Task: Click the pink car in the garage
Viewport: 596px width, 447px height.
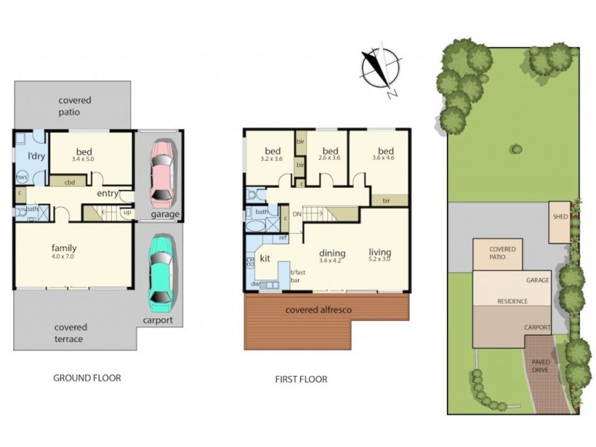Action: [162, 174]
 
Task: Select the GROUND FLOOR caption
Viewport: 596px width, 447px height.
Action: [87, 378]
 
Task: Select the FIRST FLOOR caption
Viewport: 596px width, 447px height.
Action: [301, 379]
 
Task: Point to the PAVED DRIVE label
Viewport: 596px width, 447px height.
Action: [541, 367]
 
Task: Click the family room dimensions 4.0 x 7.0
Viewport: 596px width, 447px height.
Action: [64, 258]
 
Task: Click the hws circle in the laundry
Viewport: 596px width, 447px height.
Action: [22, 177]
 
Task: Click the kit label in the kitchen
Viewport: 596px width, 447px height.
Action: [264, 259]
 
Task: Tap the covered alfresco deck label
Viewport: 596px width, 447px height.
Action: [319, 309]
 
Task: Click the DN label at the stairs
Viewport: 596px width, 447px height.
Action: [296, 213]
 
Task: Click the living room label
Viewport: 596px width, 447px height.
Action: [380, 252]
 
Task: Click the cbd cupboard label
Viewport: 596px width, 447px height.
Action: [69, 182]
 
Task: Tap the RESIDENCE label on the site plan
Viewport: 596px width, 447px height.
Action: [513, 302]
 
